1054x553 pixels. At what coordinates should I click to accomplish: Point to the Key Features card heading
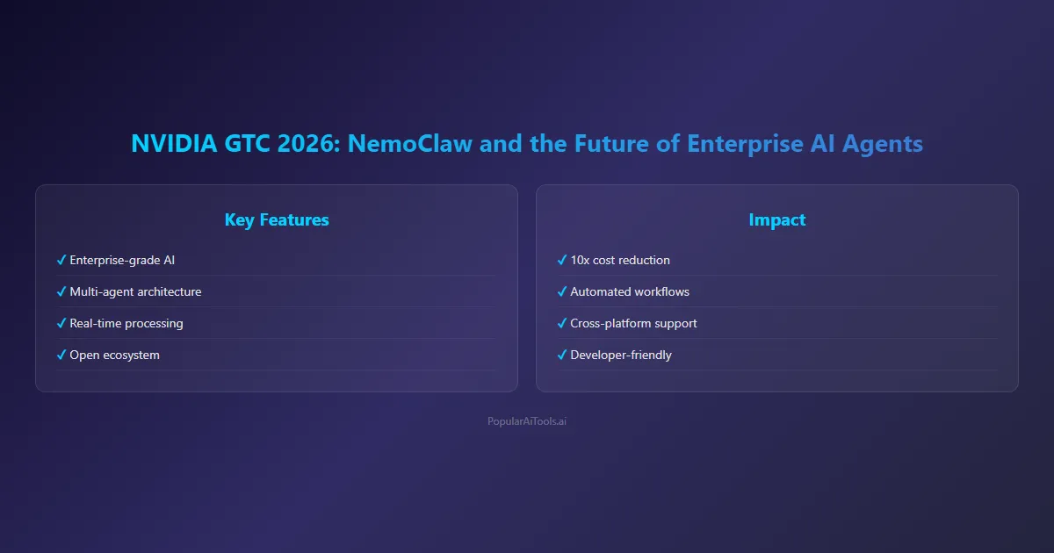click(277, 219)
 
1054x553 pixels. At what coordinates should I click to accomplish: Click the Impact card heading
click(777, 219)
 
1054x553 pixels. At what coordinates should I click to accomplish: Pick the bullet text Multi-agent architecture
click(135, 291)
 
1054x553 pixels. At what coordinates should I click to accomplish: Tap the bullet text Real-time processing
click(126, 323)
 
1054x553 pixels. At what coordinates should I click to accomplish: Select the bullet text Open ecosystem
click(114, 355)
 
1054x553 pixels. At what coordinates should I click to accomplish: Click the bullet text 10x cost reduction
click(620, 260)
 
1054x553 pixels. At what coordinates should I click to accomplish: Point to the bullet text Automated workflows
click(630, 291)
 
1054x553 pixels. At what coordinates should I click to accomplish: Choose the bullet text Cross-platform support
click(633, 323)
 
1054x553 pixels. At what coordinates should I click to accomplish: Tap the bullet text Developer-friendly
click(621, 355)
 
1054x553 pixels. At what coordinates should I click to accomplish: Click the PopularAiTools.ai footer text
click(527, 421)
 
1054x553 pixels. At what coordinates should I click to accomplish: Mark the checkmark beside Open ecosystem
click(61, 355)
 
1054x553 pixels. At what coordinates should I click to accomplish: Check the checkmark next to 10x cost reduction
click(562, 260)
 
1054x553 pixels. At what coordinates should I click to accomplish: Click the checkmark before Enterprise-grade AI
click(61, 260)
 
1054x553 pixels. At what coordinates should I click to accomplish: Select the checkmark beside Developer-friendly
click(562, 355)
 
